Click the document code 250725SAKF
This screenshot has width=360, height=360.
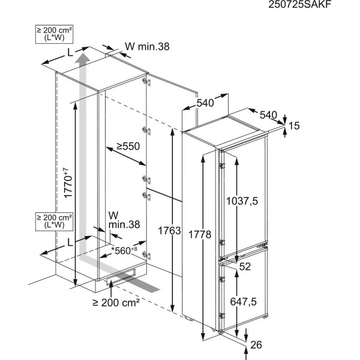click(299, 4)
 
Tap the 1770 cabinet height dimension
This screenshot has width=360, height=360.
click(68, 183)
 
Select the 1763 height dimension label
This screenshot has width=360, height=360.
click(169, 231)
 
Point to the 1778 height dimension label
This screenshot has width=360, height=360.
click(200, 235)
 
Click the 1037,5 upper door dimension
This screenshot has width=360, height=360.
click(242, 202)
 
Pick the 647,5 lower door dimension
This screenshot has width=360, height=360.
click(244, 302)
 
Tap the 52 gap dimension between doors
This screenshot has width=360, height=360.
click(245, 266)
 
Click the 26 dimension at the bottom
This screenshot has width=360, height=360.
click(256, 344)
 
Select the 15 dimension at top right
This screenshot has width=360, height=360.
click(294, 126)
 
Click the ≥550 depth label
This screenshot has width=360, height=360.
click(128, 146)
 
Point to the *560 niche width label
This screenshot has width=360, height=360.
click(124, 250)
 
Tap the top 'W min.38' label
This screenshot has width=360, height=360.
click(147, 47)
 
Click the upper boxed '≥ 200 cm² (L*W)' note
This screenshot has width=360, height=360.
click(54, 34)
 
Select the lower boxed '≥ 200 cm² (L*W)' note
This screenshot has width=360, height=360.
click(54, 221)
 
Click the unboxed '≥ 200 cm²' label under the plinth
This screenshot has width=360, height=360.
click(116, 303)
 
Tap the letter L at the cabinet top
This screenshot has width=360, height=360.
click(70, 53)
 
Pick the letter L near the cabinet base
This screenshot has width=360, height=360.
click(70, 242)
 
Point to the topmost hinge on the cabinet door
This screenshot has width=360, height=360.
click(146, 82)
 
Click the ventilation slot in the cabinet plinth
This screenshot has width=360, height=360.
click(121, 277)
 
